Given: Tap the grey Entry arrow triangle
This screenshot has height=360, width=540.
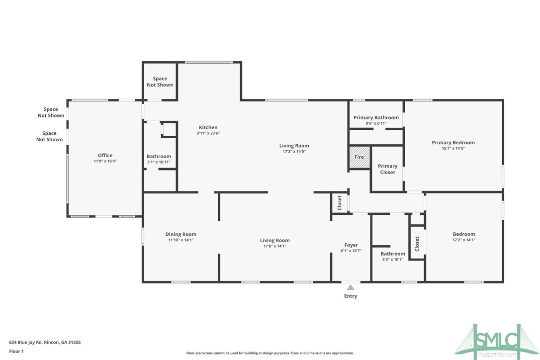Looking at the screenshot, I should (351, 287).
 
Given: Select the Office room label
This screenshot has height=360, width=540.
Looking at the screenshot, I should (105, 156).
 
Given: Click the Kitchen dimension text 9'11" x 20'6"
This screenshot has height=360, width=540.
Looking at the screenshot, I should (208, 133).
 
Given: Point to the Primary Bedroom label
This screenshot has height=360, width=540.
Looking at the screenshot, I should (453, 143).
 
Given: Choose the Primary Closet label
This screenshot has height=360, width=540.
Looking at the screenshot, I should (387, 169).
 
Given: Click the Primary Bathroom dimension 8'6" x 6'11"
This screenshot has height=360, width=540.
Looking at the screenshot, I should (376, 123).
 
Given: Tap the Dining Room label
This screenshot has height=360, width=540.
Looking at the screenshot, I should (180, 234).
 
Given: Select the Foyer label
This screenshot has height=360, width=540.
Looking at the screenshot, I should (351, 245).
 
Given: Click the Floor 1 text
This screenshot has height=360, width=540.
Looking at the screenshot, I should (16, 351).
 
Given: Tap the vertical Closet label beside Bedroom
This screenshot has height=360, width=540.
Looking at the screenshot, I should (417, 243).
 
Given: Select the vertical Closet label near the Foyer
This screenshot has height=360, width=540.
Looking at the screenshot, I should (340, 202).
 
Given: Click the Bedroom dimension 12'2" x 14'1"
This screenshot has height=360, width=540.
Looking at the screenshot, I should (463, 240).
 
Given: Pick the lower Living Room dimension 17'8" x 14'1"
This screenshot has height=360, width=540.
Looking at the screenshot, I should (274, 246).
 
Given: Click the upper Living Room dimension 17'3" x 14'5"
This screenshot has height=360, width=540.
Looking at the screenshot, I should (294, 151).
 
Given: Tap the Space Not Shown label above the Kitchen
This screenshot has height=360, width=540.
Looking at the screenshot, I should (160, 82).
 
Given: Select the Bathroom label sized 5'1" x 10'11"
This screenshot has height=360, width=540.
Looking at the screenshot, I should (159, 156).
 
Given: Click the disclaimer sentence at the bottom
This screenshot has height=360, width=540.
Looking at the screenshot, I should (270, 353).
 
